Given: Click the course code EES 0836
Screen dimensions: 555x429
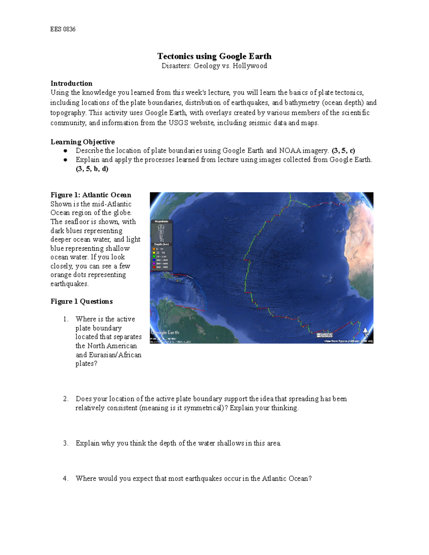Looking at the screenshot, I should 63,29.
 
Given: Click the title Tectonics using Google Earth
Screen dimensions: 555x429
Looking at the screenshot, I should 214,56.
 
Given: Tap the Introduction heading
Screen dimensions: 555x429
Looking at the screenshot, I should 71,83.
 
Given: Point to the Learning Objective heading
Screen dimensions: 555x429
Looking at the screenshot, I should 83,142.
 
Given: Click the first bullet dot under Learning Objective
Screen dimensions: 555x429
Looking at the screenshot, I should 65,151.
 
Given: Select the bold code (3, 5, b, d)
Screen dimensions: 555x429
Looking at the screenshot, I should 92,169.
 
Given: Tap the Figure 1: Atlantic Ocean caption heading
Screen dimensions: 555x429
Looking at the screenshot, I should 91,195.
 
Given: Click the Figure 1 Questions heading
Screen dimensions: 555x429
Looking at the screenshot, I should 82,301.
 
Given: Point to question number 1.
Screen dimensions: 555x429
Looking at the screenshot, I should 65,319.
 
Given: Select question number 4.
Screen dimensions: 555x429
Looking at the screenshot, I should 65,479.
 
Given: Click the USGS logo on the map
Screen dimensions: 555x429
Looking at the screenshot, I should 325,335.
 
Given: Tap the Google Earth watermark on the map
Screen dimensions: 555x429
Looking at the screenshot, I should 165,332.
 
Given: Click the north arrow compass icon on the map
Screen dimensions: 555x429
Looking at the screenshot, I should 366,332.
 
